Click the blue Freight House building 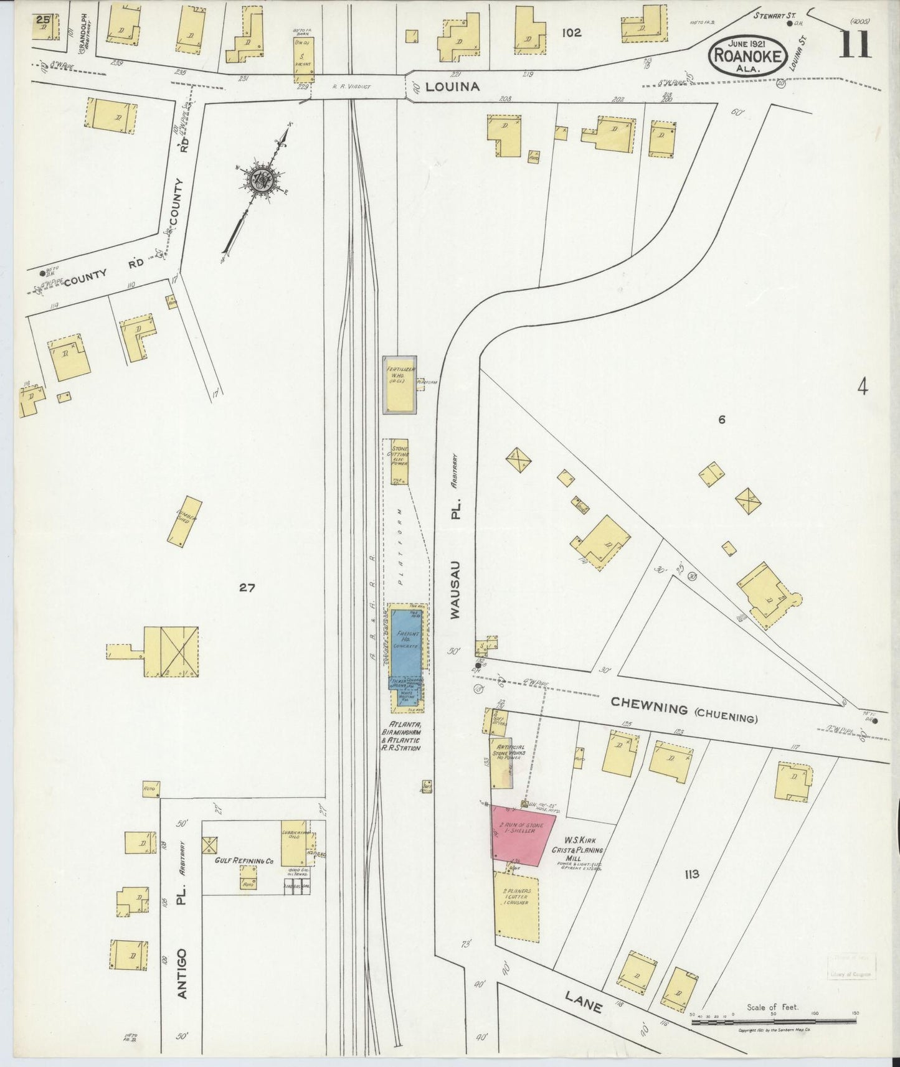point(405,644)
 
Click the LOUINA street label point(452,87)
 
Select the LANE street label point(583,1002)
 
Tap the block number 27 point(247,587)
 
